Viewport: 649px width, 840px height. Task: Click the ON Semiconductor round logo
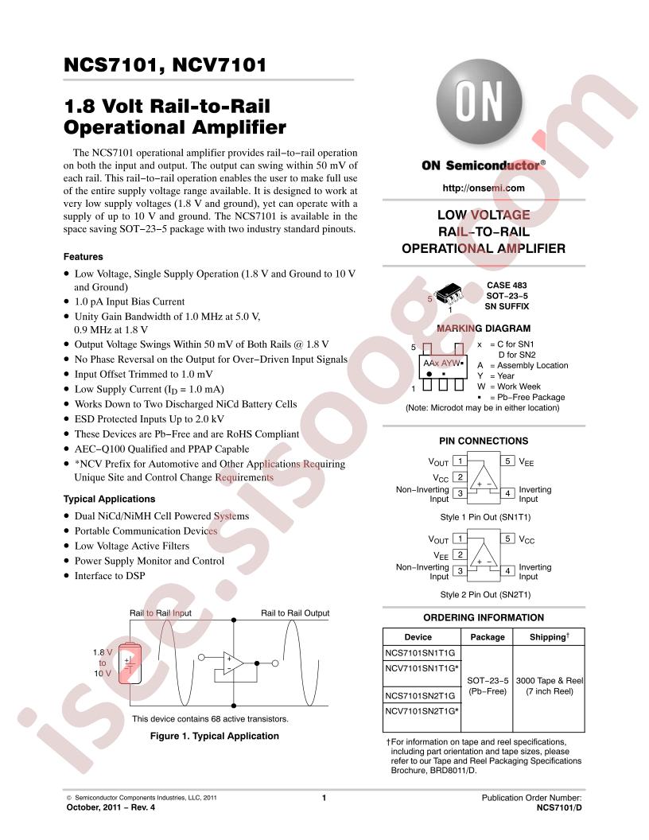480,102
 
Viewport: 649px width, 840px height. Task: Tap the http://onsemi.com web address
484,188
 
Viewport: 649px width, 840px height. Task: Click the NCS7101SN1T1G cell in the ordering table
421,652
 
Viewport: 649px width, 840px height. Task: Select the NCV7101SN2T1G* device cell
422,711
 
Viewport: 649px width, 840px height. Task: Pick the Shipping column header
549,637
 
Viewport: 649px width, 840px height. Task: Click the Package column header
488,637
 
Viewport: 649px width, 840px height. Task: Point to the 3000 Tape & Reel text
550,680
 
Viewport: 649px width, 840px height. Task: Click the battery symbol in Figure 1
129,664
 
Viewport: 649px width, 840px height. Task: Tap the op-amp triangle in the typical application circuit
233,663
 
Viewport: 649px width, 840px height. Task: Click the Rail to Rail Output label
295,612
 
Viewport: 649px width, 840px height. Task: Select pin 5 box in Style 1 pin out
507,461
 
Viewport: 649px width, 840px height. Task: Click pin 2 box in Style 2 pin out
460,554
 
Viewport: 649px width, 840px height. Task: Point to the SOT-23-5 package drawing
449,294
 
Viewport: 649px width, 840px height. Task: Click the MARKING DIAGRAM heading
484,329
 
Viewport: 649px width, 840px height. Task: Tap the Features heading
83,257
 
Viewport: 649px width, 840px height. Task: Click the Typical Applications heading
109,499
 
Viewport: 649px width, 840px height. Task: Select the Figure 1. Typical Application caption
214,736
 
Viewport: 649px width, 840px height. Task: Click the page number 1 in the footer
324,798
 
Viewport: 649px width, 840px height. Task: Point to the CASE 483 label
507,285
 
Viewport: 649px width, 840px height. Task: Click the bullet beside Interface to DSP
67,576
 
